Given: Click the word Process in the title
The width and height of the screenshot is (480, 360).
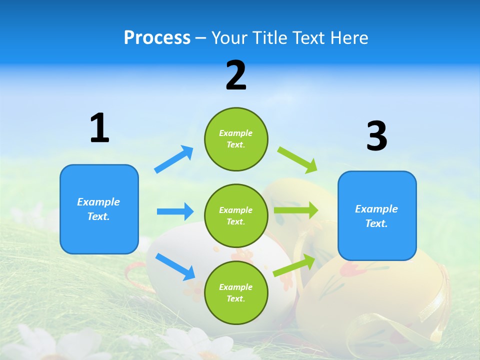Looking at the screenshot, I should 157,38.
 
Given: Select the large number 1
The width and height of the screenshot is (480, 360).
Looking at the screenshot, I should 99,128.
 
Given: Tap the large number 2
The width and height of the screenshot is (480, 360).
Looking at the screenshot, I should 236,75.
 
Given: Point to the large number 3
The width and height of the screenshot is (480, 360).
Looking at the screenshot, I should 376,136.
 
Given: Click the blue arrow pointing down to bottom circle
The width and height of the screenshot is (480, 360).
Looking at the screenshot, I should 175,266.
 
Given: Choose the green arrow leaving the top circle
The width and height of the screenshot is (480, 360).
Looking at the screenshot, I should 297,160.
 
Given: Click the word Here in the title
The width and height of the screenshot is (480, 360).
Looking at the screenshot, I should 348,38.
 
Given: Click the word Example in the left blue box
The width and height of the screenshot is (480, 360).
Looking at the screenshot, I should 98,202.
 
